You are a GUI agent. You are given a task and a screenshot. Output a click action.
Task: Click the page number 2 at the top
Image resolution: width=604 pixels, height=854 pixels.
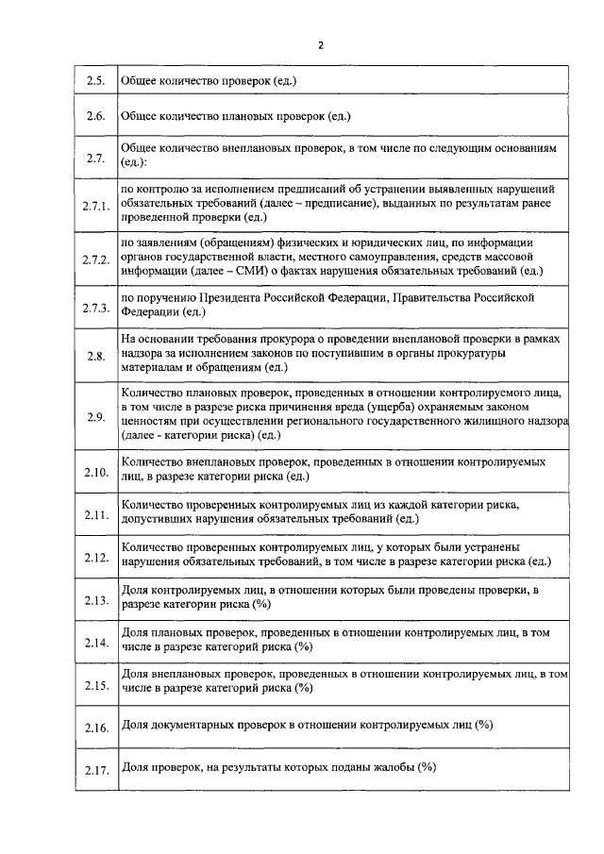(x=321, y=44)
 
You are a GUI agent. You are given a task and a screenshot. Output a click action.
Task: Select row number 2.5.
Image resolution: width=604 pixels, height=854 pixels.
(x=95, y=81)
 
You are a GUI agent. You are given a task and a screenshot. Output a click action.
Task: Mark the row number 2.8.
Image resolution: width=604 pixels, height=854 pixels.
(x=95, y=356)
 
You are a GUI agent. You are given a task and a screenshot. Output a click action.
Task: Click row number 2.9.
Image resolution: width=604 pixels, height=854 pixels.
(x=95, y=417)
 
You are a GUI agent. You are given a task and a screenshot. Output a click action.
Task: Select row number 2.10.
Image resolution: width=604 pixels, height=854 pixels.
(x=96, y=471)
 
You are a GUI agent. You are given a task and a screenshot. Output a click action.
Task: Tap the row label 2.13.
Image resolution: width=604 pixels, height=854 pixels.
(x=96, y=599)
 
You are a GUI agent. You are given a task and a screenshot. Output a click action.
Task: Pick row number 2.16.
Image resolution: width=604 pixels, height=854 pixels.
(x=96, y=728)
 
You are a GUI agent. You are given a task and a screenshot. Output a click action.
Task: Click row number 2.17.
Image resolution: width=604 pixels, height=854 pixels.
(x=96, y=771)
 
